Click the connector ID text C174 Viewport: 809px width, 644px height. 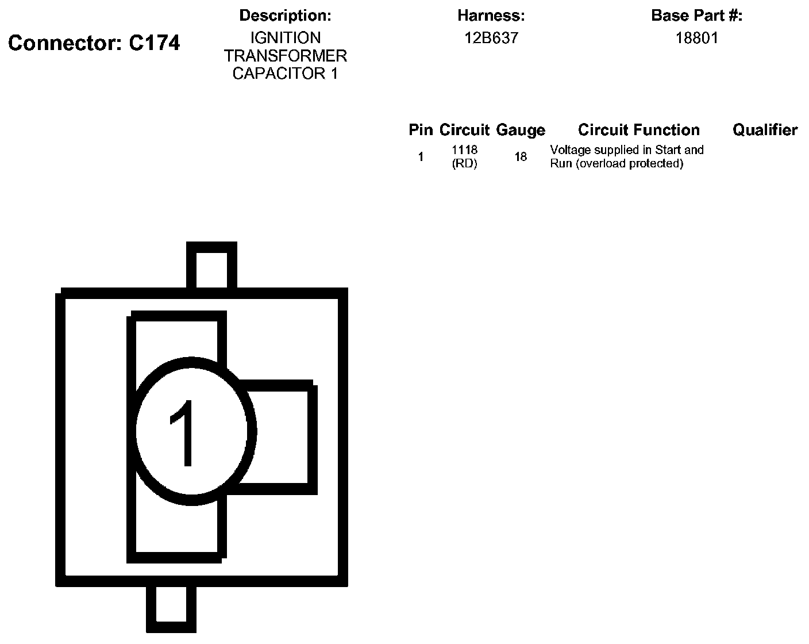(x=154, y=43)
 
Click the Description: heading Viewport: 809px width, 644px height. (x=285, y=16)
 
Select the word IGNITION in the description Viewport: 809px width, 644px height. (x=285, y=38)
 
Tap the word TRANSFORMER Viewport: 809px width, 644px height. (x=285, y=56)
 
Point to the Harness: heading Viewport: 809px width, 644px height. (x=491, y=16)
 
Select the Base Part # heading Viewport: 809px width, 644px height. (x=696, y=16)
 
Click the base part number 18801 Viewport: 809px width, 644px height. (x=696, y=38)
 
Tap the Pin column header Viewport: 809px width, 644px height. (x=421, y=130)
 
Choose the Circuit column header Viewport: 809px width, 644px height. (x=464, y=130)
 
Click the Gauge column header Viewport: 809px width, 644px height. (x=521, y=130)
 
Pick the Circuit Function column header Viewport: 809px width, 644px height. (x=638, y=130)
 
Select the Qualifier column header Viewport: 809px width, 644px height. (x=765, y=130)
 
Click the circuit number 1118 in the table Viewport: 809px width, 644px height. (x=464, y=150)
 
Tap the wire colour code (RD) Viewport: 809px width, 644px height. (x=464, y=163)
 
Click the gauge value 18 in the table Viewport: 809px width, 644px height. (x=521, y=156)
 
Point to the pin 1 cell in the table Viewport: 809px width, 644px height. (x=421, y=156)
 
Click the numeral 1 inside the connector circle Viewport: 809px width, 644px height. (x=183, y=432)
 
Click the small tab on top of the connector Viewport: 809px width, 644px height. (x=211, y=266)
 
